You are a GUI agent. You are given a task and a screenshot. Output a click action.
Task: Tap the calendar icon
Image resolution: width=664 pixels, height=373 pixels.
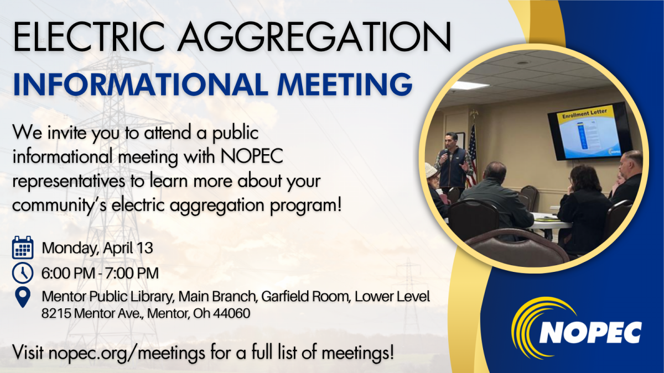(22, 247)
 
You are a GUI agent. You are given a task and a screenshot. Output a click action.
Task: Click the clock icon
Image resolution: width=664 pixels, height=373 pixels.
(22, 272)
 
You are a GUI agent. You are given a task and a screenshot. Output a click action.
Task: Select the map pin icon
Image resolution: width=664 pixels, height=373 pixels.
(22, 297)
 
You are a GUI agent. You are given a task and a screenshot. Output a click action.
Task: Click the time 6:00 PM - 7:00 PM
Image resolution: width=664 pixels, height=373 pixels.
(100, 273)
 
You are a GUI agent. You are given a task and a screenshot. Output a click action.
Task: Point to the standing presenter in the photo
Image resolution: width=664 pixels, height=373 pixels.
(452, 163)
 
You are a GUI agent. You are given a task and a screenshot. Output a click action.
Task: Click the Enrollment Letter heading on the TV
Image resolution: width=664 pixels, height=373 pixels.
(584, 112)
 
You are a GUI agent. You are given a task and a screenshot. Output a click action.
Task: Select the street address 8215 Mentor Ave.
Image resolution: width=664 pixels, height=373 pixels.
(93, 314)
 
